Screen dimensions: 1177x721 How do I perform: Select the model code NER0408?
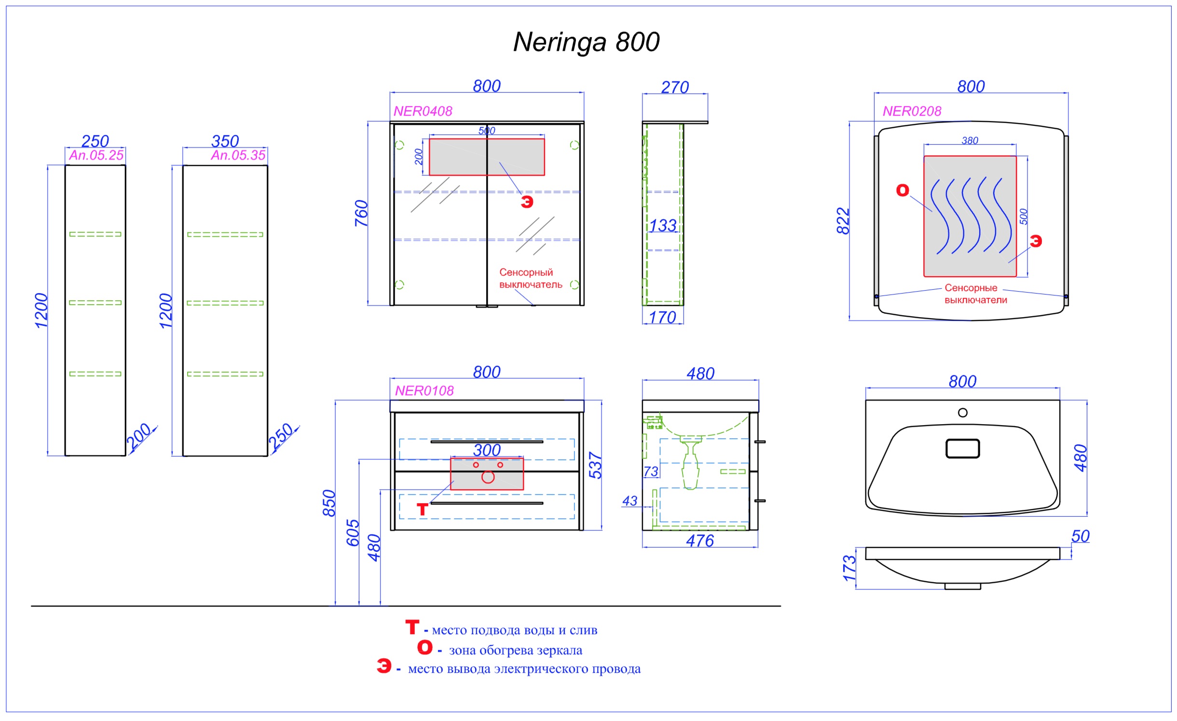423,111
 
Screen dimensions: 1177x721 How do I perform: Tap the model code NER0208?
912,111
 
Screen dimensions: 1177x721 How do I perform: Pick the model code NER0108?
424,391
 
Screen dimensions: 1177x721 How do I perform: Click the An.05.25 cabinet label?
96,155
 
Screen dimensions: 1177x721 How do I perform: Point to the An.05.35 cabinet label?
238,155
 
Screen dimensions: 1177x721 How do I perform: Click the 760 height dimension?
361,213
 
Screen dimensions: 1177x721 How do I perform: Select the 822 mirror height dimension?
843,221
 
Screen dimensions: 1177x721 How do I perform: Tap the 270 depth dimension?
675,87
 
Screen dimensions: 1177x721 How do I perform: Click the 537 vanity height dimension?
595,466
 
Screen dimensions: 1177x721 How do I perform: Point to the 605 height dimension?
353,533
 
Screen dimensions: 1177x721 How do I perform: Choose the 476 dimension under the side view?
700,541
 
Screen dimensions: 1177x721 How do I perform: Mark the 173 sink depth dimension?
849,568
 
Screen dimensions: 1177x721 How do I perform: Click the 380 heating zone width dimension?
970,141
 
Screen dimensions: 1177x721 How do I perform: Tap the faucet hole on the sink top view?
963,413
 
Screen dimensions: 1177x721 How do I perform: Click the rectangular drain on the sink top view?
963,449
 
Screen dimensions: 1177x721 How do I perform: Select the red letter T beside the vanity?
423,509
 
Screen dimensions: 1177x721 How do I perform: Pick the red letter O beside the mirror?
903,190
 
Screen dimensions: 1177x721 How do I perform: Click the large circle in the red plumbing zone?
488,477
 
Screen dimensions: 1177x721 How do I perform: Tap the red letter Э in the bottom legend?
384,666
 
